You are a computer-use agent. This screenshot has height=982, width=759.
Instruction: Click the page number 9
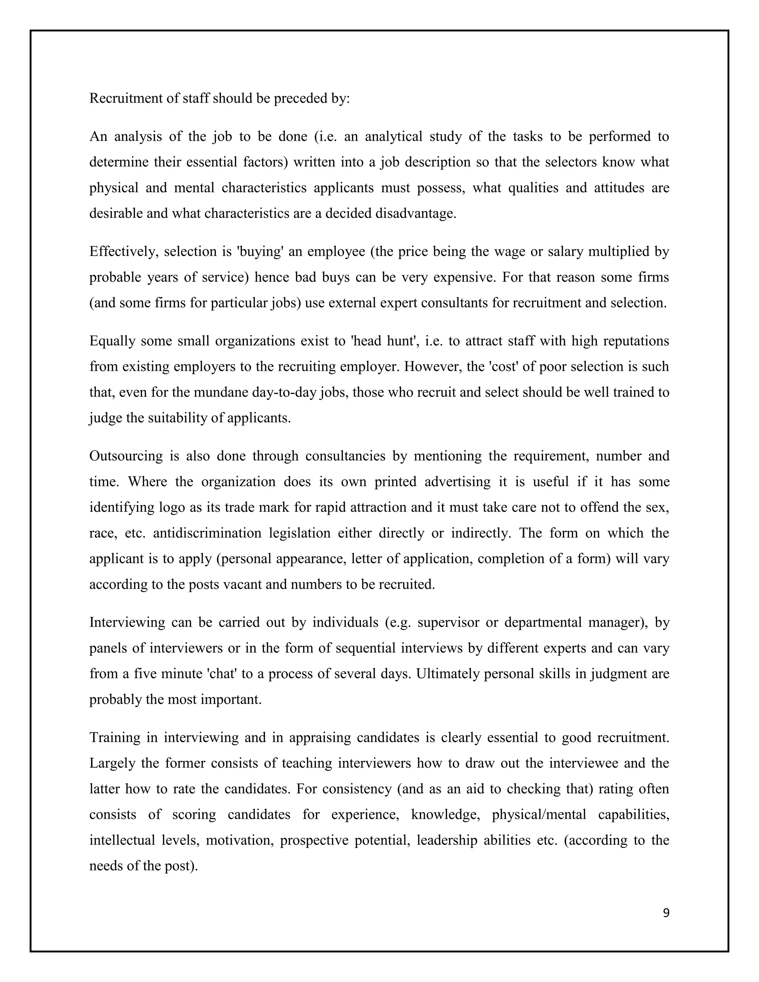point(666,913)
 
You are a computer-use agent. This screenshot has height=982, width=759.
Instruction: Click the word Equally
point(112,341)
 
